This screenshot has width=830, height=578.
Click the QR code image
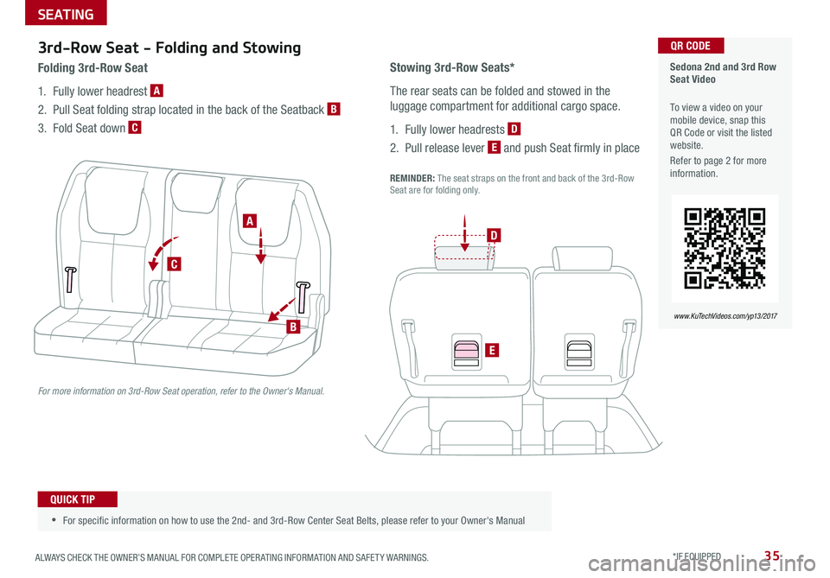tap(725, 248)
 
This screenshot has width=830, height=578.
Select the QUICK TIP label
tap(78, 499)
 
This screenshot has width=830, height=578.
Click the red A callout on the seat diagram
tap(251, 221)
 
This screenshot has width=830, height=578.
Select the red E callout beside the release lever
tap(489, 349)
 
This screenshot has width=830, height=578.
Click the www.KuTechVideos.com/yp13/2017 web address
tap(725, 316)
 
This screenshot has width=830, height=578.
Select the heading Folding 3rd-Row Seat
tap(93, 67)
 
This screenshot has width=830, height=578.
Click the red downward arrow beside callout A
tap(261, 242)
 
